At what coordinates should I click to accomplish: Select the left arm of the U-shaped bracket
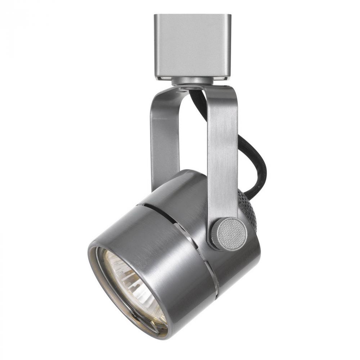click(160, 140)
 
